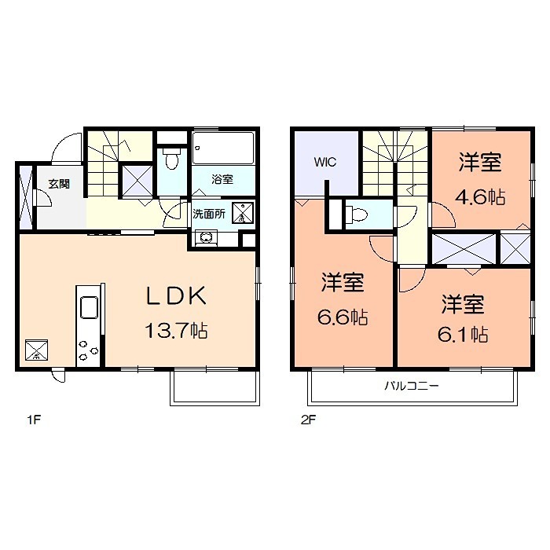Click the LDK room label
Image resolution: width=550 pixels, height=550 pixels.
tap(177, 296)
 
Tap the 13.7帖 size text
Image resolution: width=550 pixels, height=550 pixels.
tap(176, 330)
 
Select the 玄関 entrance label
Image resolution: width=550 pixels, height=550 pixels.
tap(58, 184)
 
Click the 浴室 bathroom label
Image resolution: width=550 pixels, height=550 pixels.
tap(222, 179)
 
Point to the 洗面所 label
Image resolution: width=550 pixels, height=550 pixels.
tap(210, 213)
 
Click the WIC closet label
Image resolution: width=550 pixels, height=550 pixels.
tap(324, 163)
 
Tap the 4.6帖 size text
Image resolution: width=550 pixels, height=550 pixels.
tap(481, 198)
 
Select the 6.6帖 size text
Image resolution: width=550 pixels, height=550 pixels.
tap(344, 317)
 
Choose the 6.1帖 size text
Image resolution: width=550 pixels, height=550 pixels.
tap(464, 335)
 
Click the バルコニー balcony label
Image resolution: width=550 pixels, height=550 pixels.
tap(411, 386)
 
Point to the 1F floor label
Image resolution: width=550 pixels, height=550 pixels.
tap(32, 419)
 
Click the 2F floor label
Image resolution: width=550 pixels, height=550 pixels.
tap(307, 419)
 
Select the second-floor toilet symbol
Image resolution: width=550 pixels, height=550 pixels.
tap(357, 213)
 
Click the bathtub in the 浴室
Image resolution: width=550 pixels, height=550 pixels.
tap(224, 148)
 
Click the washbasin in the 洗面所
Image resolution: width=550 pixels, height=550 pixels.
tap(206, 236)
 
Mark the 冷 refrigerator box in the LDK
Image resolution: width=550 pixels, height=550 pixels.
tap(37, 350)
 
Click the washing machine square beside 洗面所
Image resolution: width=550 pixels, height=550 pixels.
tap(244, 212)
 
